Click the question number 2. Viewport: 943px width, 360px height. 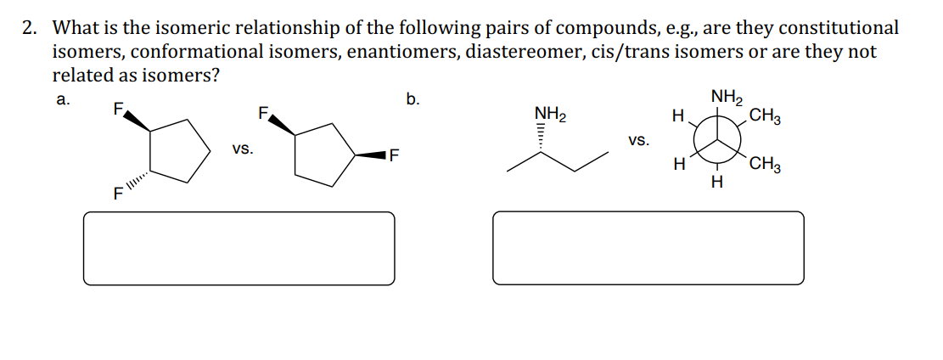(29, 28)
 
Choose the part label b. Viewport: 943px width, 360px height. (413, 99)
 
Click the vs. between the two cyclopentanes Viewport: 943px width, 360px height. (242, 149)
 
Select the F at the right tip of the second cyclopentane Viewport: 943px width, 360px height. (396, 155)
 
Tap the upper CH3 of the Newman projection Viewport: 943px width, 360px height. (766, 116)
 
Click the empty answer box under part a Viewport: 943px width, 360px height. (239, 247)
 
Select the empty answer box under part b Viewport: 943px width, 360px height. (648, 247)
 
